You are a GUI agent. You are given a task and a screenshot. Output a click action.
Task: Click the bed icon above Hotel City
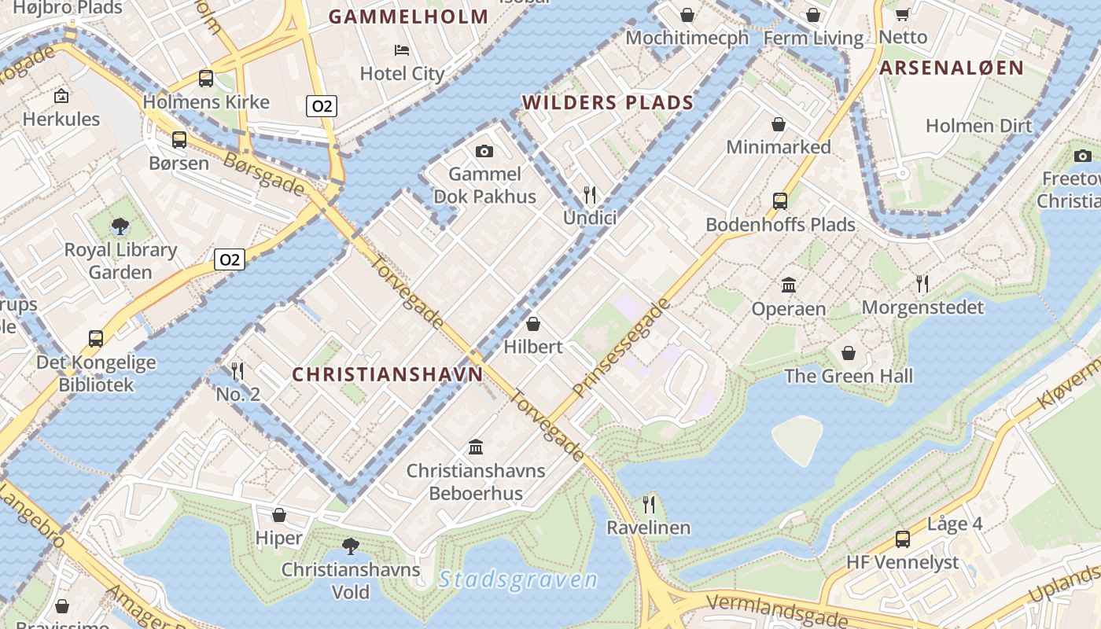pyautogui.click(x=402, y=50)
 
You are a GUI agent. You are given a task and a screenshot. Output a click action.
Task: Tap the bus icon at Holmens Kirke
pyautogui.click(x=206, y=79)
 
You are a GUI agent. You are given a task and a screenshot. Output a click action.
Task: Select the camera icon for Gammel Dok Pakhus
pyautogui.click(x=484, y=151)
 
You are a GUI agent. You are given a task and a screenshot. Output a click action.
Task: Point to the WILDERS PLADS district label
pyautogui.click(x=608, y=102)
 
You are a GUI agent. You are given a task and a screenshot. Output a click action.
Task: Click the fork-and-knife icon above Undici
pyautogui.click(x=590, y=195)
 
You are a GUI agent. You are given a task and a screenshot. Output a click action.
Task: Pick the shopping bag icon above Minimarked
pyautogui.click(x=779, y=124)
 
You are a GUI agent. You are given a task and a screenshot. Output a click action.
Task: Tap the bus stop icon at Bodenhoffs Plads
pyautogui.click(x=780, y=201)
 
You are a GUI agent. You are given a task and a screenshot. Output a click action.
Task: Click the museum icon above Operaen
pyautogui.click(x=789, y=285)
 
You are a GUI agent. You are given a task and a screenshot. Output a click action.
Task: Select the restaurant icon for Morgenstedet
pyautogui.click(x=922, y=283)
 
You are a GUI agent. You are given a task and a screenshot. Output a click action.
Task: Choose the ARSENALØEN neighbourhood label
pyautogui.click(x=952, y=68)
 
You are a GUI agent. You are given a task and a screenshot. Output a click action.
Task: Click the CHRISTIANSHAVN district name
pyautogui.click(x=388, y=374)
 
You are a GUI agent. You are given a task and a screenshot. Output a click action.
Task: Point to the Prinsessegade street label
pyautogui.click(x=622, y=348)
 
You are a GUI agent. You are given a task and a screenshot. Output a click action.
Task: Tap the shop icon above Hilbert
pyautogui.click(x=533, y=323)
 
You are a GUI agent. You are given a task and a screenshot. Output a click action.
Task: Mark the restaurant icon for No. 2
pyautogui.click(x=238, y=370)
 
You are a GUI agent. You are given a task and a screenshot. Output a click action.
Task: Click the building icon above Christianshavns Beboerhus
pyautogui.click(x=476, y=447)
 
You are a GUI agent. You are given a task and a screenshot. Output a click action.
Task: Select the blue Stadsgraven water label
pyautogui.click(x=518, y=580)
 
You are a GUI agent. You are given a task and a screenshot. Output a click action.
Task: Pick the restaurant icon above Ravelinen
pyautogui.click(x=649, y=504)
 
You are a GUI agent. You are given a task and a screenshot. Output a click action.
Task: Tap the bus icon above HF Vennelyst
pyautogui.click(x=903, y=539)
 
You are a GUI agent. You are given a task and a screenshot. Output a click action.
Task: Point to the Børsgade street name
pyautogui.click(x=263, y=173)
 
